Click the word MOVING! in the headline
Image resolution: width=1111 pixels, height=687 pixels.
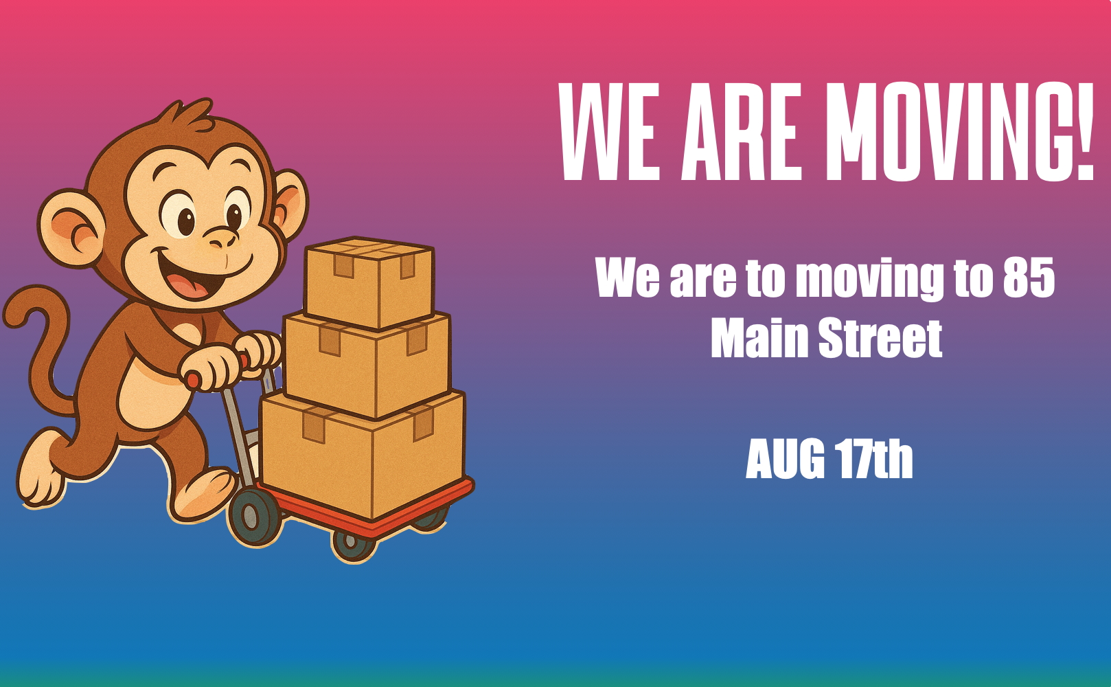tap(959, 132)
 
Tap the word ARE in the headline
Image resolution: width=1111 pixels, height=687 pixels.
tap(742, 132)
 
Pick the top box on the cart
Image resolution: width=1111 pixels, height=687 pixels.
tap(369, 282)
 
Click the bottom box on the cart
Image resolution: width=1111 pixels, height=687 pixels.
tap(362, 453)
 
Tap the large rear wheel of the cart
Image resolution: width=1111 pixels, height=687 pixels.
tap(253, 516)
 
